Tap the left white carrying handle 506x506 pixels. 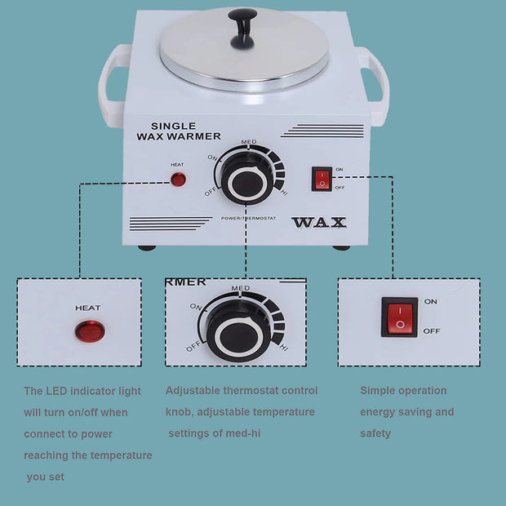click(111, 85)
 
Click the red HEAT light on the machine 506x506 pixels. click(178, 180)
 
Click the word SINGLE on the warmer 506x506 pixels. click(173, 126)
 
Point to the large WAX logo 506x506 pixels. click(319, 222)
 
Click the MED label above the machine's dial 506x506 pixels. click(249, 142)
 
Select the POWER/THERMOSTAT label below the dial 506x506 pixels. click(248, 219)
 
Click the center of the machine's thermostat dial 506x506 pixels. click(247, 183)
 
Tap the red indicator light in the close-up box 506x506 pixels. click(90, 331)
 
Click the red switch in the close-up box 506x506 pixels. click(400, 317)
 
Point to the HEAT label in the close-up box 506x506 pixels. click(88, 308)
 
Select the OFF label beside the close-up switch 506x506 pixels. click(432, 331)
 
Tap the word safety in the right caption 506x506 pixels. click(375, 433)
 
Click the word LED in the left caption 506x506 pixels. click(56, 391)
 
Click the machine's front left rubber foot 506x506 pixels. click(147, 248)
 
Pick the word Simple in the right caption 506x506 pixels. click(376, 391)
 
